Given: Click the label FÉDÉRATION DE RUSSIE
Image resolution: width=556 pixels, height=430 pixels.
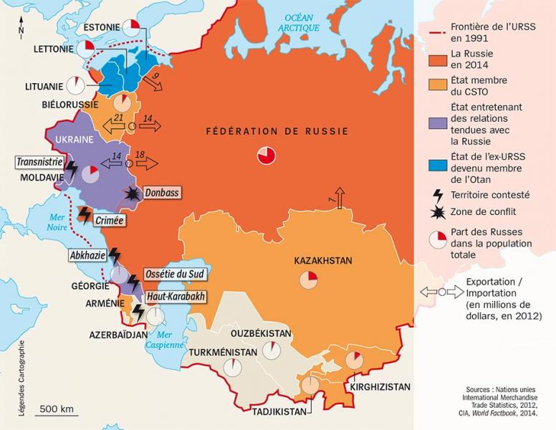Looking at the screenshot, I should pyautogui.click(x=277, y=131).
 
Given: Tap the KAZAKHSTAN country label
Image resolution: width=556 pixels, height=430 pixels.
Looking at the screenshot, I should pyautogui.click(x=322, y=262).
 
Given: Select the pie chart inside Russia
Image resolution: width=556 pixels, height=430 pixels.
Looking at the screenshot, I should pyautogui.click(x=265, y=156).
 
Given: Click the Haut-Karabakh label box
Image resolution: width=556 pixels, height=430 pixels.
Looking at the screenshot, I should pyautogui.click(x=175, y=296).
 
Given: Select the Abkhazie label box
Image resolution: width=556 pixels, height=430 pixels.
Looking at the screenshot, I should pyautogui.click(x=87, y=255).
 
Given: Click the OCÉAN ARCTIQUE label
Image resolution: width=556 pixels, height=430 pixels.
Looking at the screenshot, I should pyautogui.click(x=299, y=22).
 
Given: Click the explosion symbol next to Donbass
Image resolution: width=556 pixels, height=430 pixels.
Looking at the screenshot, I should pyautogui.click(x=132, y=193).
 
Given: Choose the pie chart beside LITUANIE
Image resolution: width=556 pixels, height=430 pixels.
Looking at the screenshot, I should pyautogui.click(x=75, y=85).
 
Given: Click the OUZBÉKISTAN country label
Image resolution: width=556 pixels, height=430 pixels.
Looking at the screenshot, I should pyautogui.click(x=260, y=334).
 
